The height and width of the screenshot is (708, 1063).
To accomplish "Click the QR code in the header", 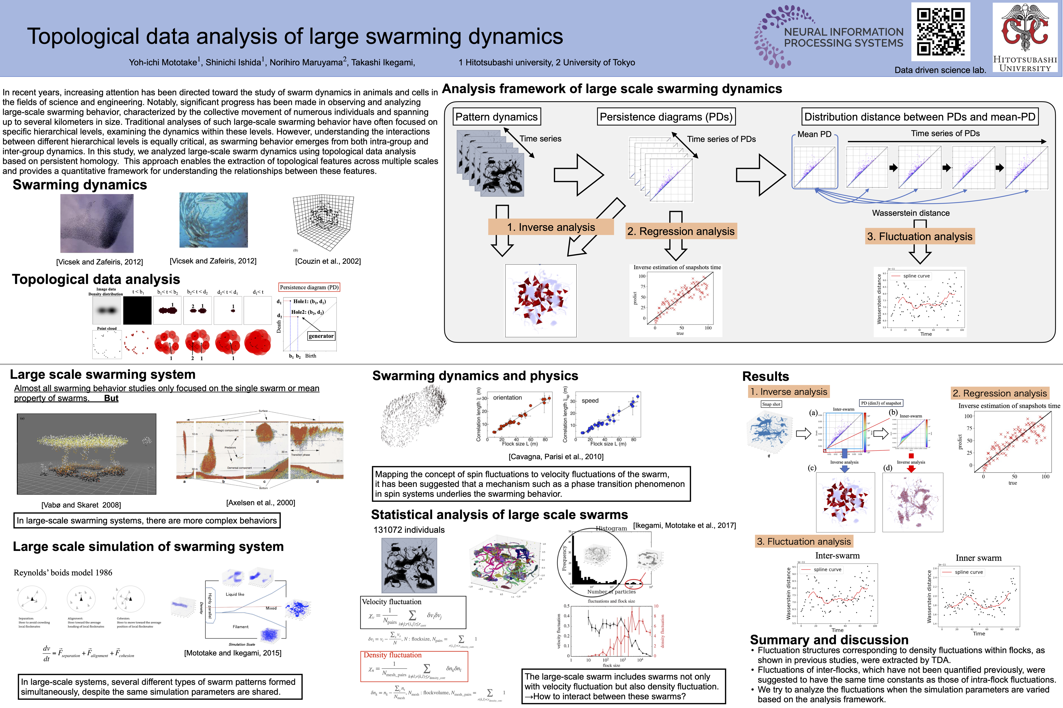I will point(940,32).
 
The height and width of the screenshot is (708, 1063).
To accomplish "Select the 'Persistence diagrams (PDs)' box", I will point(666,117).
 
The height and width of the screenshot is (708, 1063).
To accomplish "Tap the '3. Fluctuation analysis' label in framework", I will point(919,236).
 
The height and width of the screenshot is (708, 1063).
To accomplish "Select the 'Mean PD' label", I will point(814,134).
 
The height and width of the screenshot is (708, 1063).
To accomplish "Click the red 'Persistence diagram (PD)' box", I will point(309,287).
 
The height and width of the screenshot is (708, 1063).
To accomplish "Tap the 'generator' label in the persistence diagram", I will point(321,336).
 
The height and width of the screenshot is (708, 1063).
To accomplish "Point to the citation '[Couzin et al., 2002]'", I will point(328,261).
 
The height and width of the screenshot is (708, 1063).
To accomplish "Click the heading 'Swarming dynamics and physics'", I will point(475,376).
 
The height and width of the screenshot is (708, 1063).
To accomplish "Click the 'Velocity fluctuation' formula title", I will point(391,602).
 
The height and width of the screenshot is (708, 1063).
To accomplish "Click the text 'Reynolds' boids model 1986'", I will point(63,573).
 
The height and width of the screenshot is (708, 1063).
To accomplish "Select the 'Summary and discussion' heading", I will point(829,640).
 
